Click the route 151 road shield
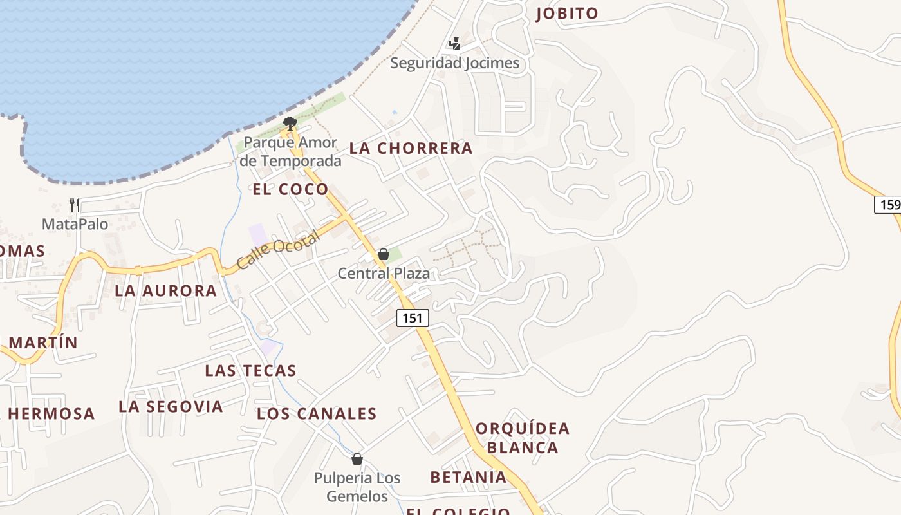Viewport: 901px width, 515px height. (x=413, y=318)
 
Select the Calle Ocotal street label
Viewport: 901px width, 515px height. (x=277, y=251)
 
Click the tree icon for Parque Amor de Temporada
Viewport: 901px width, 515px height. (x=290, y=123)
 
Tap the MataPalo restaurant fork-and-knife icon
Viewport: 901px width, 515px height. (x=75, y=205)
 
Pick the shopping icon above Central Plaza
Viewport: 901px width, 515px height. (x=384, y=254)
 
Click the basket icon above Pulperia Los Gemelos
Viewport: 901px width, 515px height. (x=357, y=459)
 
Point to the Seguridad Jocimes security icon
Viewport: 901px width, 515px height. (x=455, y=43)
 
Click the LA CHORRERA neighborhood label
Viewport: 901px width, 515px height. (x=411, y=149)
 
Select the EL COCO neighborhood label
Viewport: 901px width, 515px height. (x=291, y=189)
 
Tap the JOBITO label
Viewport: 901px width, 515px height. (x=566, y=14)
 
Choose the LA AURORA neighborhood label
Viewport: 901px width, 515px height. (x=166, y=291)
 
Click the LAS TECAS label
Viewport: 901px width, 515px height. (x=250, y=371)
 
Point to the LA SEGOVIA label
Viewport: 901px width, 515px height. (x=171, y=407)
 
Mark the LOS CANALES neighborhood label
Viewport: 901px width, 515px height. (x=317, y=414)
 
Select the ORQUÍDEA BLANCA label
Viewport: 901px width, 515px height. (x=523, y=438)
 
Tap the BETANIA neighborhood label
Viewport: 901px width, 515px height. (x=469, y=477)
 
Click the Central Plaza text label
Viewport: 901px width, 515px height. (x=384, y=274)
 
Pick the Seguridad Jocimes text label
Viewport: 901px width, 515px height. (x=454, y=63)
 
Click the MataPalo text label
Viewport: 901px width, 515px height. (x=75, y=224)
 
